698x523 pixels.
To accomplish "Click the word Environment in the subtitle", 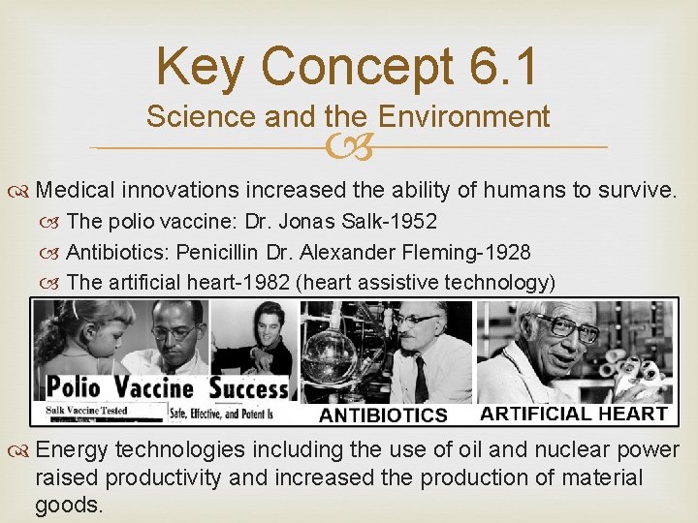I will click(464, 117).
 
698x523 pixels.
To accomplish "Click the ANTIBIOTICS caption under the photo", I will click(384, 415).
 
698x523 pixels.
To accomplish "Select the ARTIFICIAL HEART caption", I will click(574, 413).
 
